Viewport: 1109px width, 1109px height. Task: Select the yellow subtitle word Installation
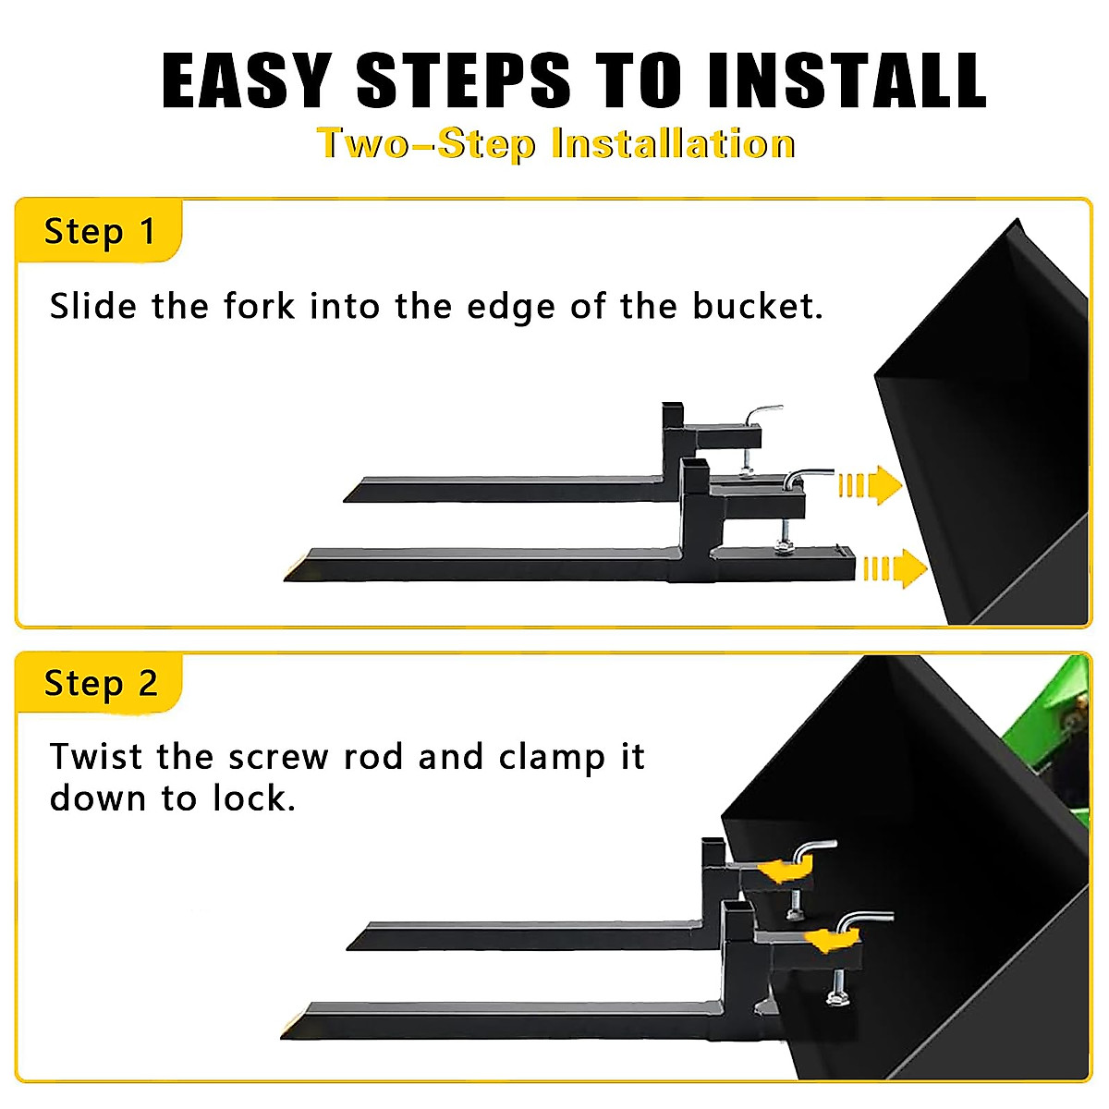point(673,144)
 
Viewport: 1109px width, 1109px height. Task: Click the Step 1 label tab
point(100,231)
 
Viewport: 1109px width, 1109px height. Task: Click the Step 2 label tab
point(100,684)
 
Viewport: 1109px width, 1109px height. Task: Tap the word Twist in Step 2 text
point(96,757)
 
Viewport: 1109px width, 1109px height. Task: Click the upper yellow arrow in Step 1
point(870,485)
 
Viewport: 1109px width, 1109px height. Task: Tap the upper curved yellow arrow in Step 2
point(784,870)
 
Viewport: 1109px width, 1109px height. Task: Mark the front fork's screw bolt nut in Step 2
point(838,999)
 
